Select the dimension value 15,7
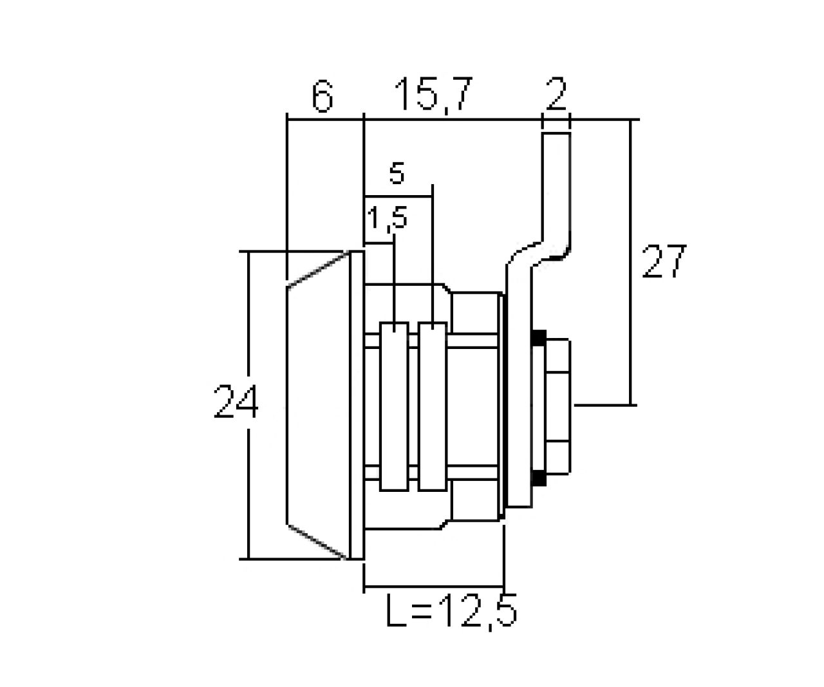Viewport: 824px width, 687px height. coord(433,95)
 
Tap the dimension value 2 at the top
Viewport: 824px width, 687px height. coord(555,96)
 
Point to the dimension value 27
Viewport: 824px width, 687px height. coord(665,261)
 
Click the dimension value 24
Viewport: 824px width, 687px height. coord(236,402)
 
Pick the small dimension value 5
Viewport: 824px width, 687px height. coord(397,174)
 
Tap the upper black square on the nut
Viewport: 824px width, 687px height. coord(538,337)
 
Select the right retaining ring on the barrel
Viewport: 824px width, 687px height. coord(431,407)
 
